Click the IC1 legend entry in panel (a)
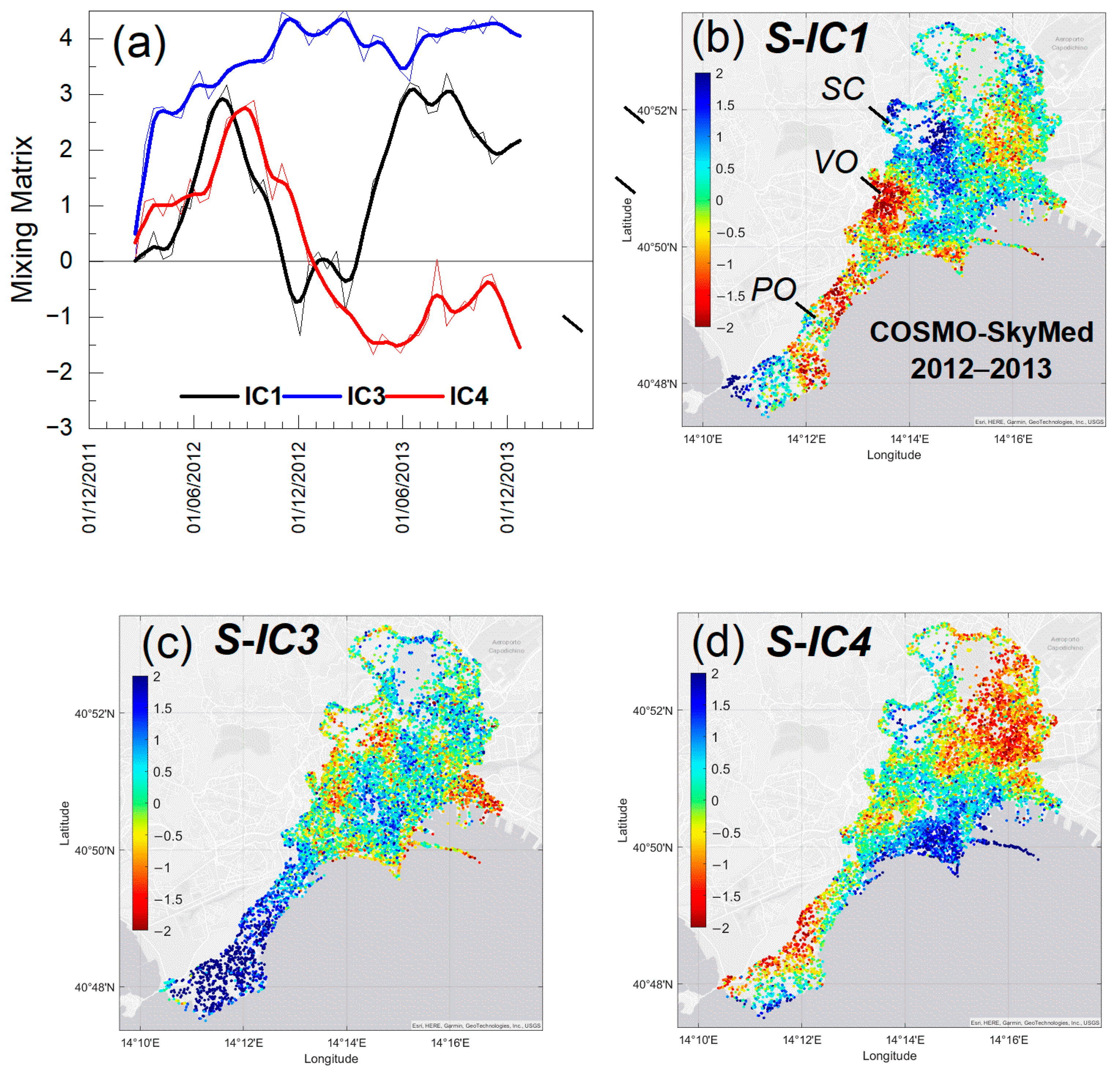263,396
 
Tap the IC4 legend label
469,396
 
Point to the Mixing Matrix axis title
23,219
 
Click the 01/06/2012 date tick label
194,488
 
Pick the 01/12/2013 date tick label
507,488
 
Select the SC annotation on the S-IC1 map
843,89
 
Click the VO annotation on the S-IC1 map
836,162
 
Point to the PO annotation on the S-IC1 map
773,289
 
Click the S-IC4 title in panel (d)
818,642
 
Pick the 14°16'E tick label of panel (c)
450,1042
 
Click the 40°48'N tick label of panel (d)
652,984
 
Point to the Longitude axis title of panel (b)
893,455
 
